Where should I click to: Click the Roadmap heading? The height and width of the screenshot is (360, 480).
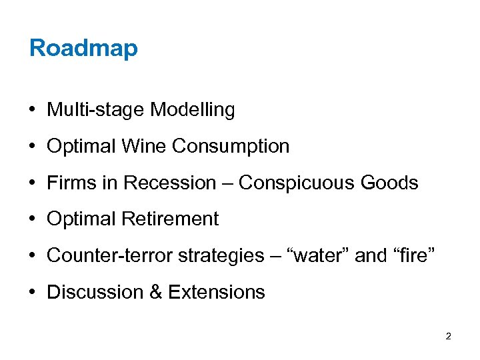pyautogui.click(x=83, y=48)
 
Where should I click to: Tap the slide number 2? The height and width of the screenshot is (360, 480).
pyautogui.click(x=448, y=336)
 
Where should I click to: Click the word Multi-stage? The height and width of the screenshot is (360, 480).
pyautogui.click(x=96, y=110)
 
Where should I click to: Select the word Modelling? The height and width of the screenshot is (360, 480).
pyautogui.click(x=193, y=110)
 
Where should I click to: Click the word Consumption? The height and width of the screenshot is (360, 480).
pyautogui.click(x=231, y=146)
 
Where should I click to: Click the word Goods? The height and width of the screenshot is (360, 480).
pyautogui.click(x=394, y=183)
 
